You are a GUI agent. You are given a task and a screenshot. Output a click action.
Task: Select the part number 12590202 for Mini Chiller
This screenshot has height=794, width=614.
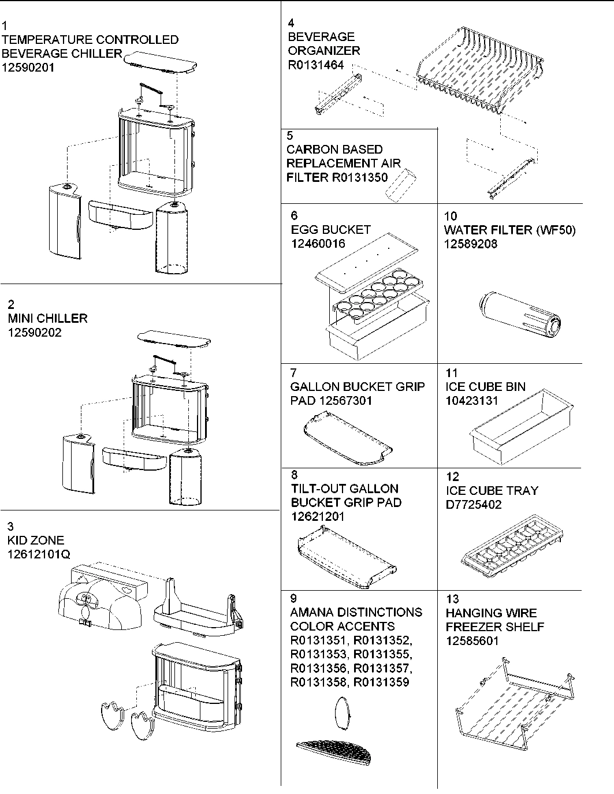coord(35,333)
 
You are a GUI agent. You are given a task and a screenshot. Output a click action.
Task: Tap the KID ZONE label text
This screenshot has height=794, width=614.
coord(36,540)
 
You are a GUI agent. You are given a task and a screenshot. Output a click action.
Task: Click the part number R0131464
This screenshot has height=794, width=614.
coord(315,65)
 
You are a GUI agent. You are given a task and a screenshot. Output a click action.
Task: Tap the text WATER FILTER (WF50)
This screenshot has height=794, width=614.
coord(509,230)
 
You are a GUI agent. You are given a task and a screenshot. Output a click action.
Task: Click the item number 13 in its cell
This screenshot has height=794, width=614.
coord(452,599)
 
